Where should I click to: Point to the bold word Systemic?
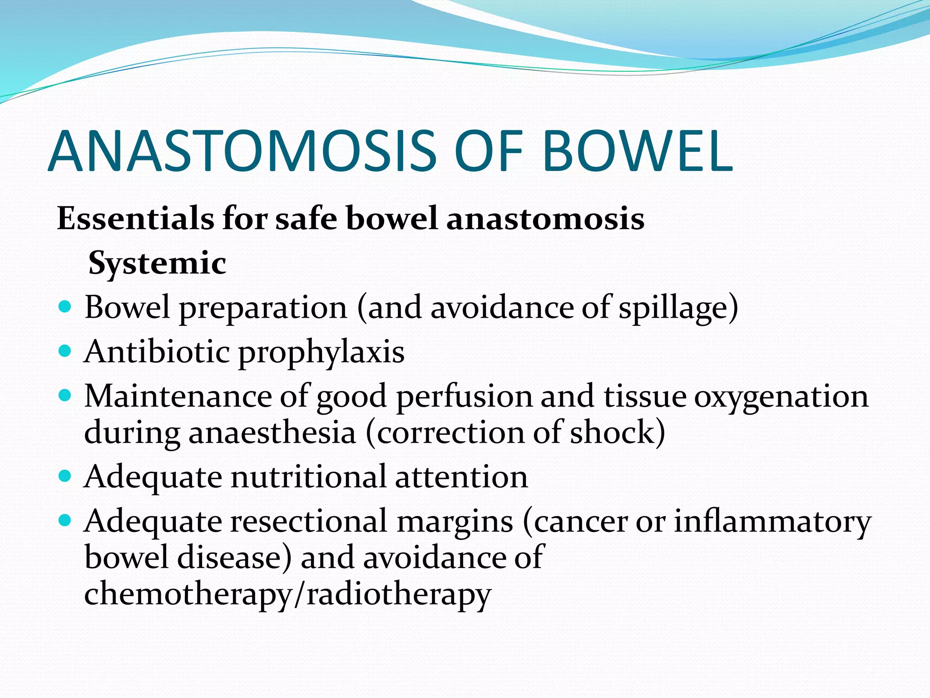pyautogui.click(x=157, y=264)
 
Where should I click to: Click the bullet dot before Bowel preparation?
pyautogui.click(x=66, y=307)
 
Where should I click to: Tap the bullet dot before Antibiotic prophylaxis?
pyautogui.click(x=66, y=351)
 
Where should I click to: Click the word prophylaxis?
pyautogui.click(x=321, y=353)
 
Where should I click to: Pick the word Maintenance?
pyautogui.click(x=178, y=396)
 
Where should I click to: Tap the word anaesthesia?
pyautogui.click(x=272, y=433)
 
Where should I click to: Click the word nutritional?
pyautogui.click(x=308, y=477)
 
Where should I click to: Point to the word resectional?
pyautogui.click(x=309, y=521)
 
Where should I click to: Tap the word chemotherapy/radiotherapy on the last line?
pyautogui.click(x=287, y=594)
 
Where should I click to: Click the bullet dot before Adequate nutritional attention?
pyautogui.click(x=66, y=476)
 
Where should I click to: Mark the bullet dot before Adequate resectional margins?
pyautogui.click(x=66, y=520)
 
